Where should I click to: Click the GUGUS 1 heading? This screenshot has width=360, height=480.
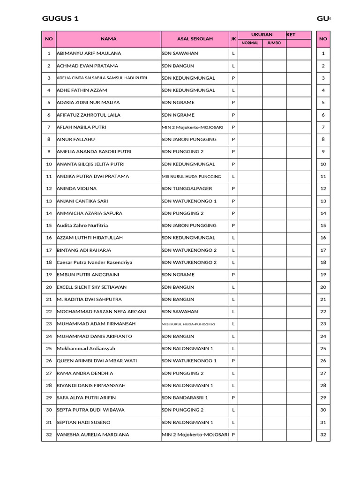pyautogui.click(x=60, y=19)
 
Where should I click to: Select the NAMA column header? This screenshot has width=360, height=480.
pyautogui.click(x=108, y=39)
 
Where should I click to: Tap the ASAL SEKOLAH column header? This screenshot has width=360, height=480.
pyautogui.click(x=195, y=39)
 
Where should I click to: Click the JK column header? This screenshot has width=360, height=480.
pyautogui.click(x=233, y=39)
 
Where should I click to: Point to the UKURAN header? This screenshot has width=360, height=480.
pyautogui.click(x=262, y=35)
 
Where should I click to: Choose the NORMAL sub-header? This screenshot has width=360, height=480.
pyautogui.click(x=250, y=43)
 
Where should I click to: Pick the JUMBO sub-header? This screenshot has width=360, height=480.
pyautogui.click(x=274, y=43)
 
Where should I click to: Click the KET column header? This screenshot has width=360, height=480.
pyautogui.click(x=291, y=35)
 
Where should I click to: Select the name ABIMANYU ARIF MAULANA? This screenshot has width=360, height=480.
pyautogui.click(x=89, y=53)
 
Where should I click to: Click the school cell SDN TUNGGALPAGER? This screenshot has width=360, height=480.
pyautogui.click(x=187, y=188)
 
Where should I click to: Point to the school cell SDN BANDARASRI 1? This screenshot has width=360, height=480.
pyautogui.click(x=185, y=397)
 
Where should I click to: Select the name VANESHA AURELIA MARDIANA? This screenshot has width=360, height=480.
pyautogui.click(x=93, y=435)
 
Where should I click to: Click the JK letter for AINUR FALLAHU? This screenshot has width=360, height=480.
pyautogui.click(x=233, y=139)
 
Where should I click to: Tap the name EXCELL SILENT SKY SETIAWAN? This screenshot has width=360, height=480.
pyautogui.click(x=92, y=287)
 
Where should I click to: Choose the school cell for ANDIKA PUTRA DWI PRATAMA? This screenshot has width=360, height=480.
pyautogui.click(x=191, y=176)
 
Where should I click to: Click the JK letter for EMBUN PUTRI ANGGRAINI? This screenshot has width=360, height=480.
pyautogui.click(x=233, y=275)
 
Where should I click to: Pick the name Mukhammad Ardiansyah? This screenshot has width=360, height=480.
pyautogui.click(x=86, y=349)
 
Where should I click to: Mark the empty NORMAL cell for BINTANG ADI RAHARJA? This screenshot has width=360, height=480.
pyautogui.click(x=250, y=250)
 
